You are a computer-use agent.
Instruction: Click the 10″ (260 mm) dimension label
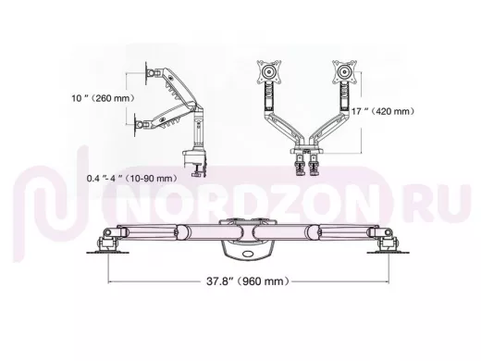click(104, 98)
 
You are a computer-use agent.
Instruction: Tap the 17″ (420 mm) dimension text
click(383, 111)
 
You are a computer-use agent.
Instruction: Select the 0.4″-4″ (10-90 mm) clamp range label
click(132, 178)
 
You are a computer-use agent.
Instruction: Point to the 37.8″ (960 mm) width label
click(248, 281)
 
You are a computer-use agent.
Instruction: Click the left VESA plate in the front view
click(269, 72)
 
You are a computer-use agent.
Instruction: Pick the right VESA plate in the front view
click(344, 72)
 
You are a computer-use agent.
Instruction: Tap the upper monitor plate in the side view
click(147, 73)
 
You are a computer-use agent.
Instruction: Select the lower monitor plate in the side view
click(136, 125)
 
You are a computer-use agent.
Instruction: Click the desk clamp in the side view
click(194, 164)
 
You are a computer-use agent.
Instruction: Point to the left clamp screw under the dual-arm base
click(300, 165)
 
